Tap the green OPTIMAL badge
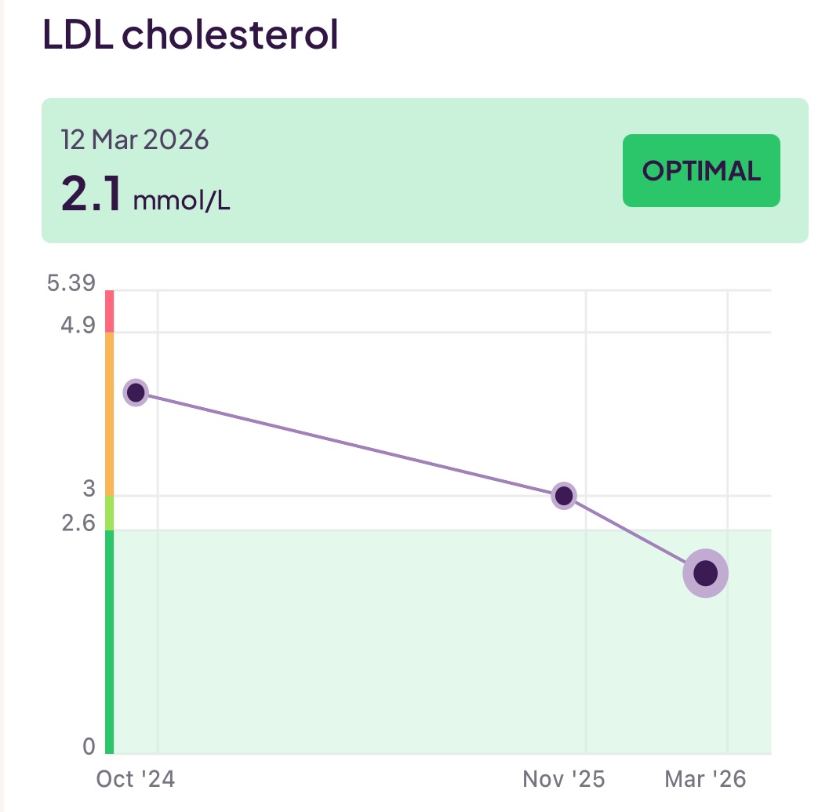coord(701,171)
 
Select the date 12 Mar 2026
coord(135,140)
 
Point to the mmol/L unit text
coord(181,201)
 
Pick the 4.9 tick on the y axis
coord(78,324)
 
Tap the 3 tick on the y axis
coord(89,489)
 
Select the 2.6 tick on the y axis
coord(78,523)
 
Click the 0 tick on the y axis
coord(89,746)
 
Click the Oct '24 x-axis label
coord(136,779)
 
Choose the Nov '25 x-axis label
coord(563,779)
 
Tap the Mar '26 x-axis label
coord(705,779)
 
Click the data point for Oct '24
coord(136,392)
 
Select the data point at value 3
coord(563,496)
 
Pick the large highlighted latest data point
coord(705,573)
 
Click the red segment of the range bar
coord(110,311)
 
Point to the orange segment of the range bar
coord(110,413)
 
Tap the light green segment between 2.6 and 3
coord(110,513)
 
